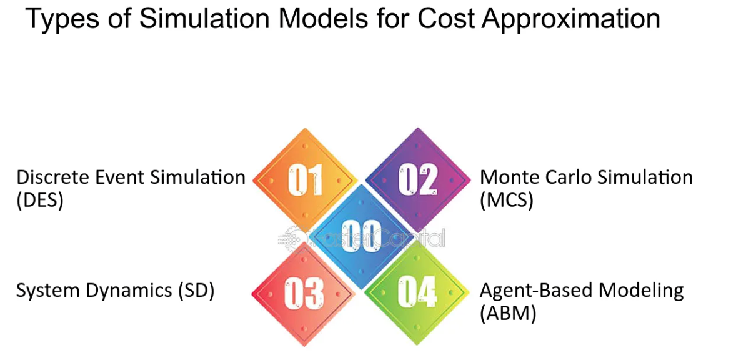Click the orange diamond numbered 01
304,179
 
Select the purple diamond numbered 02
418,179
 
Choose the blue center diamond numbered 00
361,237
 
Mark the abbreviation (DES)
40,201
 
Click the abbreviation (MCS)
507,201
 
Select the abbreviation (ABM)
508,313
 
